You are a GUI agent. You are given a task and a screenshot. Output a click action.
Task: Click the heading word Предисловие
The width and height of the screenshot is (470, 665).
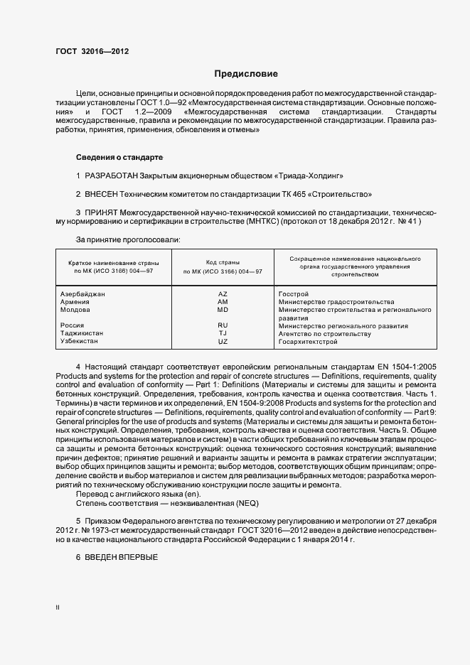[x=247, y=74]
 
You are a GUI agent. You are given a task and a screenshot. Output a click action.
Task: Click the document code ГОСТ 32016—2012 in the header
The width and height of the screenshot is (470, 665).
[x=92, y=51]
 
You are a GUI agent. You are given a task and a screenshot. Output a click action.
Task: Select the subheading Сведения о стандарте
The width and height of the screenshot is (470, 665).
[x=119, y=157]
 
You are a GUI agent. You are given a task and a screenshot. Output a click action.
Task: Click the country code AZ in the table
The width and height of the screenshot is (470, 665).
[x=223, y=293]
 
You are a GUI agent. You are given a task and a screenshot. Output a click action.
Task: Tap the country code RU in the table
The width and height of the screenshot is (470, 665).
[x=223, y=326]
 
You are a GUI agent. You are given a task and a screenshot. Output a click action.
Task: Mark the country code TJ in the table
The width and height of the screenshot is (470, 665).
[x=223, y=334]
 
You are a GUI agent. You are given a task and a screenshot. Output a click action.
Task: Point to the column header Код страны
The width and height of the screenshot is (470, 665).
[x=223, y=262]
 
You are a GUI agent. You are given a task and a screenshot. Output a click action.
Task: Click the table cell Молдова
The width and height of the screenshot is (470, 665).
[x=76, y=310]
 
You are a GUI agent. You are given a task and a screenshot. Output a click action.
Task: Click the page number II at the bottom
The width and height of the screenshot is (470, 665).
[x=58, y=608]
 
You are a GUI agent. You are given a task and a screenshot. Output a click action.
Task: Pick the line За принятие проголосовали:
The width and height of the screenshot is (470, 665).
[x=128, y=240]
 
